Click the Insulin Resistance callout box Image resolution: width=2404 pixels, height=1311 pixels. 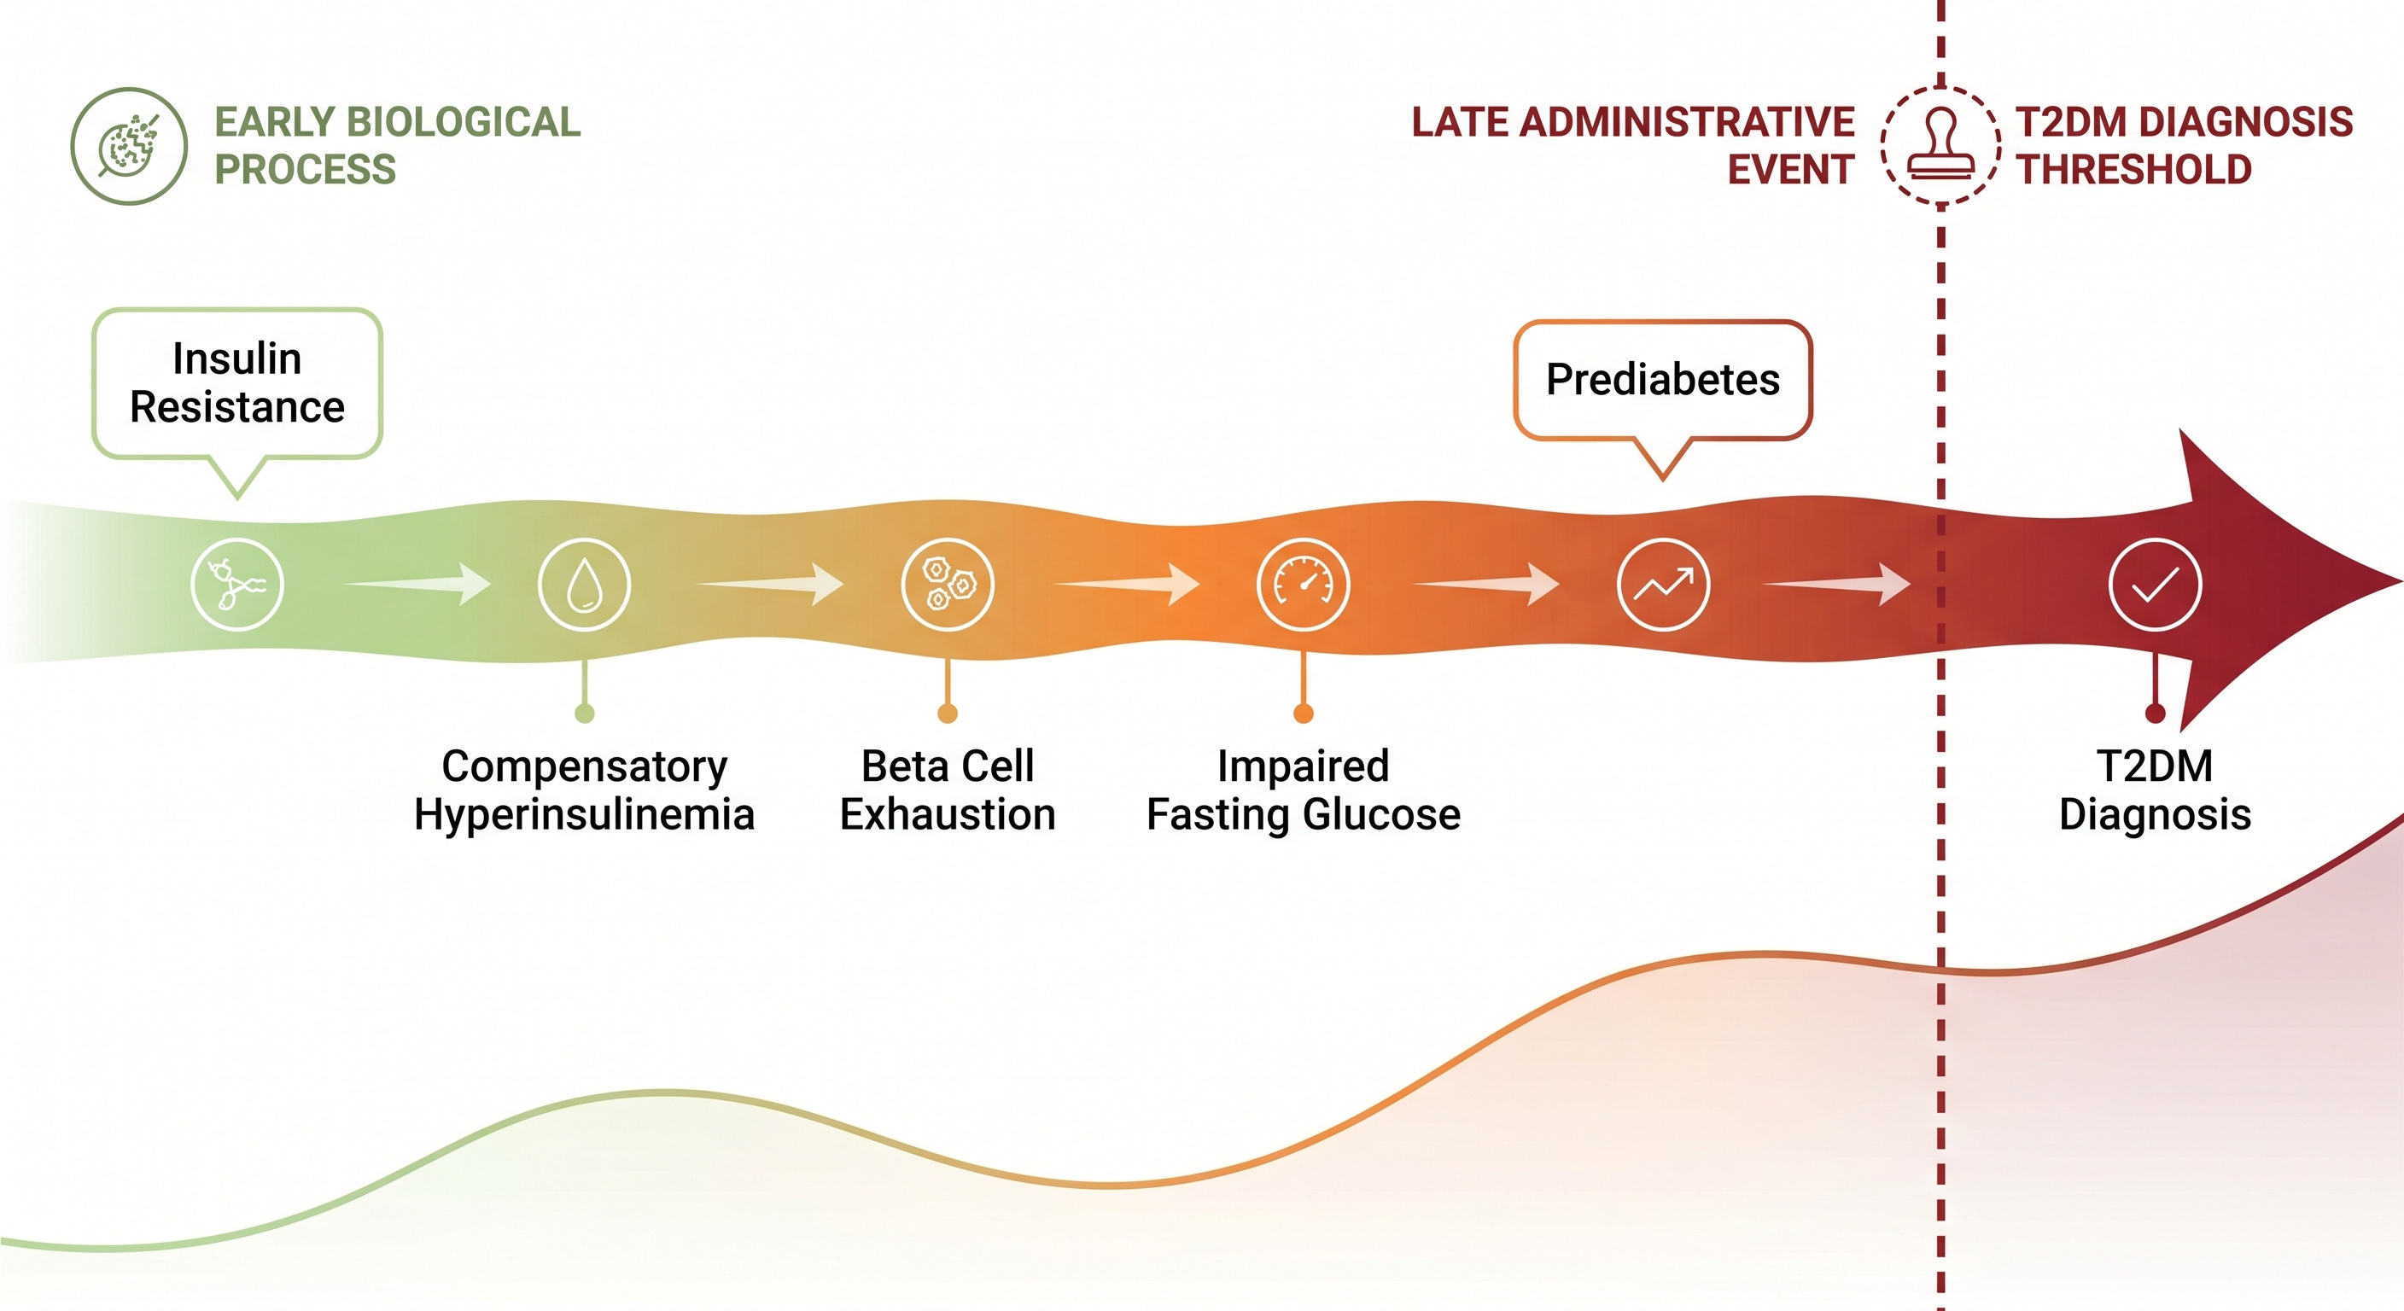[x=237, y=383]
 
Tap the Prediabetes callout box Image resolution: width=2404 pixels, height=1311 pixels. [x=1662, y=380]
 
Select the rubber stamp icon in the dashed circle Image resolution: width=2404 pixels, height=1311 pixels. [x=1941, y=146]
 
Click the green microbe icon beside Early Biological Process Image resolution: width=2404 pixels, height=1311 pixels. [x=129, y=147]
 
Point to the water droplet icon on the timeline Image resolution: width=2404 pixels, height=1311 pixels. [x=584, y=585]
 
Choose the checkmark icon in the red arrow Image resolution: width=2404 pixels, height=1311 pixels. [x=2155, y=585]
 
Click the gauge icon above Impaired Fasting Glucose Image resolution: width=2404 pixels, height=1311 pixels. [x=1304, y=585]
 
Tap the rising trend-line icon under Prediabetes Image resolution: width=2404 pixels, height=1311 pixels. [x=1663, y=585]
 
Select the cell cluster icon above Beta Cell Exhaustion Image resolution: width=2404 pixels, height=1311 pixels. [x=948, y=585]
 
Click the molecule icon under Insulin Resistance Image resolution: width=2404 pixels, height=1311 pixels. [x=237, y=585]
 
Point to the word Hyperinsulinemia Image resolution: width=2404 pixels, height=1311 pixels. [x=584, y=814]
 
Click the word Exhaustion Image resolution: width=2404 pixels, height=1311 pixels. [x=948, y=814]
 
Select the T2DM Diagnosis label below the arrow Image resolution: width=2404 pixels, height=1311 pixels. [x=2155, y=790]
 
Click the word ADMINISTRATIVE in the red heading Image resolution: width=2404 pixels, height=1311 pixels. [x=1686, y=122]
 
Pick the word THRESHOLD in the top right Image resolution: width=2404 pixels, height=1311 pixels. [x=2134, y=170]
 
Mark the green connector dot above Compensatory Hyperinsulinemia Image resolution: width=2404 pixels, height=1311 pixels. [x=584, y=714]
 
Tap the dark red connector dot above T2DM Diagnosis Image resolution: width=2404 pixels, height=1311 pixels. [x=2155, y=714]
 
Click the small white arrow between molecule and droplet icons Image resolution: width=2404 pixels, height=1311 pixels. [x=417, y=584]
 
